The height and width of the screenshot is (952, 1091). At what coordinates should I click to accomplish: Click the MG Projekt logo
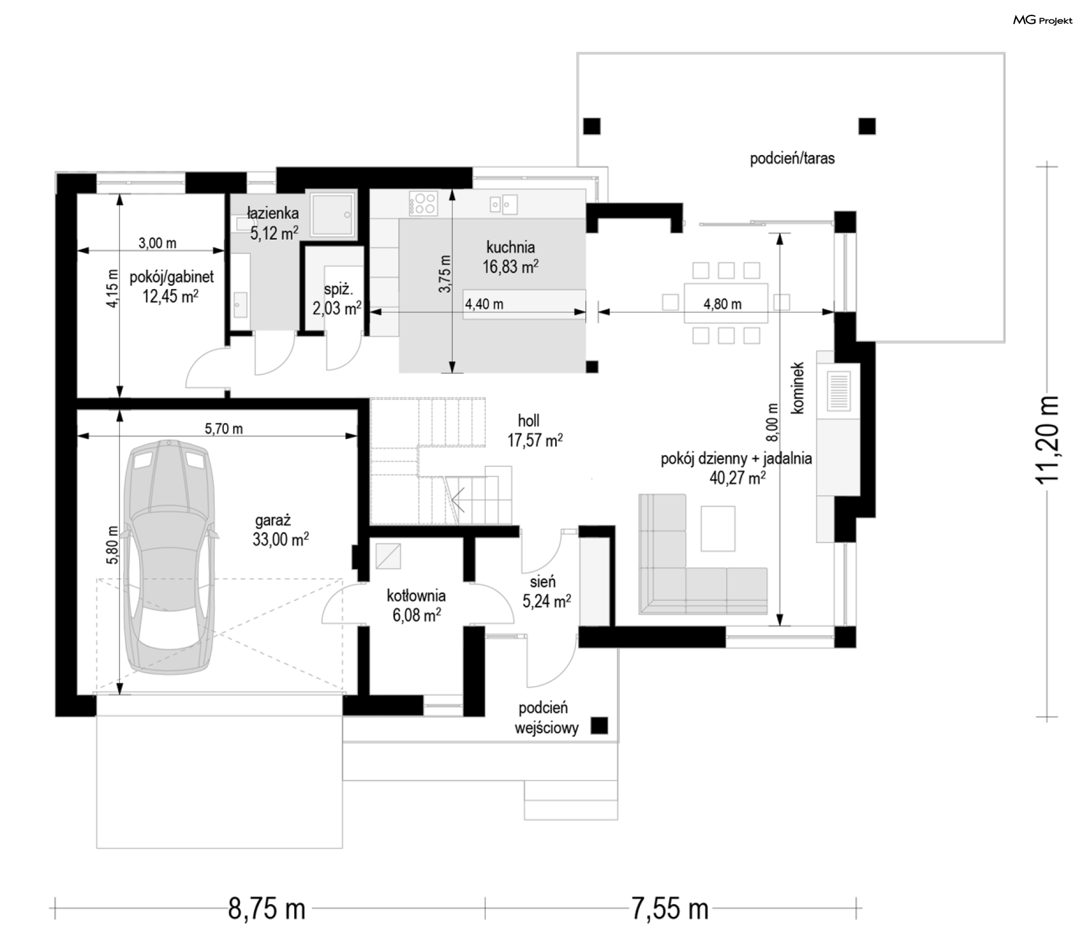[1043, 20]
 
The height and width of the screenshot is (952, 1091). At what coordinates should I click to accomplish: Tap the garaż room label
[273, 520]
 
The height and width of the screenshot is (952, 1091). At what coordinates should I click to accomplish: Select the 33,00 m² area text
[281, 539]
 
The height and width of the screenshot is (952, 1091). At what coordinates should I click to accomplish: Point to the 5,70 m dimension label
[224, 428]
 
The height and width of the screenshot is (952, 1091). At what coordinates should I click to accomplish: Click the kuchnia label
[510, 247]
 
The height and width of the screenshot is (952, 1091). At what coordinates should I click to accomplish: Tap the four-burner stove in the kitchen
[423, 203]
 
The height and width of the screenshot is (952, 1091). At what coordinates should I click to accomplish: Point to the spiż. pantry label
[338, 289]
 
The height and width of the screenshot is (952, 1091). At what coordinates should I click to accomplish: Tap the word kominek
[798, 388]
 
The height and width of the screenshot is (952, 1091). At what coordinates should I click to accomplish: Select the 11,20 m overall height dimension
[1047, 440]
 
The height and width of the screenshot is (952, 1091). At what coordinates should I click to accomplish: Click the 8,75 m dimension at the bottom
[266, 909]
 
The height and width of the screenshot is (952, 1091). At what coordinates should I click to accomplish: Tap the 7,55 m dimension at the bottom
[670, 909]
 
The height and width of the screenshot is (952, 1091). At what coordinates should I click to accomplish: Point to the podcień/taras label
[792, 158]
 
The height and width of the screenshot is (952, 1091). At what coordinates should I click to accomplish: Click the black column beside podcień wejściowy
[599, 725]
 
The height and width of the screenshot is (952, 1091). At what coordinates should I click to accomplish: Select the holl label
[528, 421]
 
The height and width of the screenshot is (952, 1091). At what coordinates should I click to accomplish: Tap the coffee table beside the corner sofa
[718, 528]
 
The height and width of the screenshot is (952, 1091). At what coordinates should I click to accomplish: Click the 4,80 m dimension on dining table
[722, 304]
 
